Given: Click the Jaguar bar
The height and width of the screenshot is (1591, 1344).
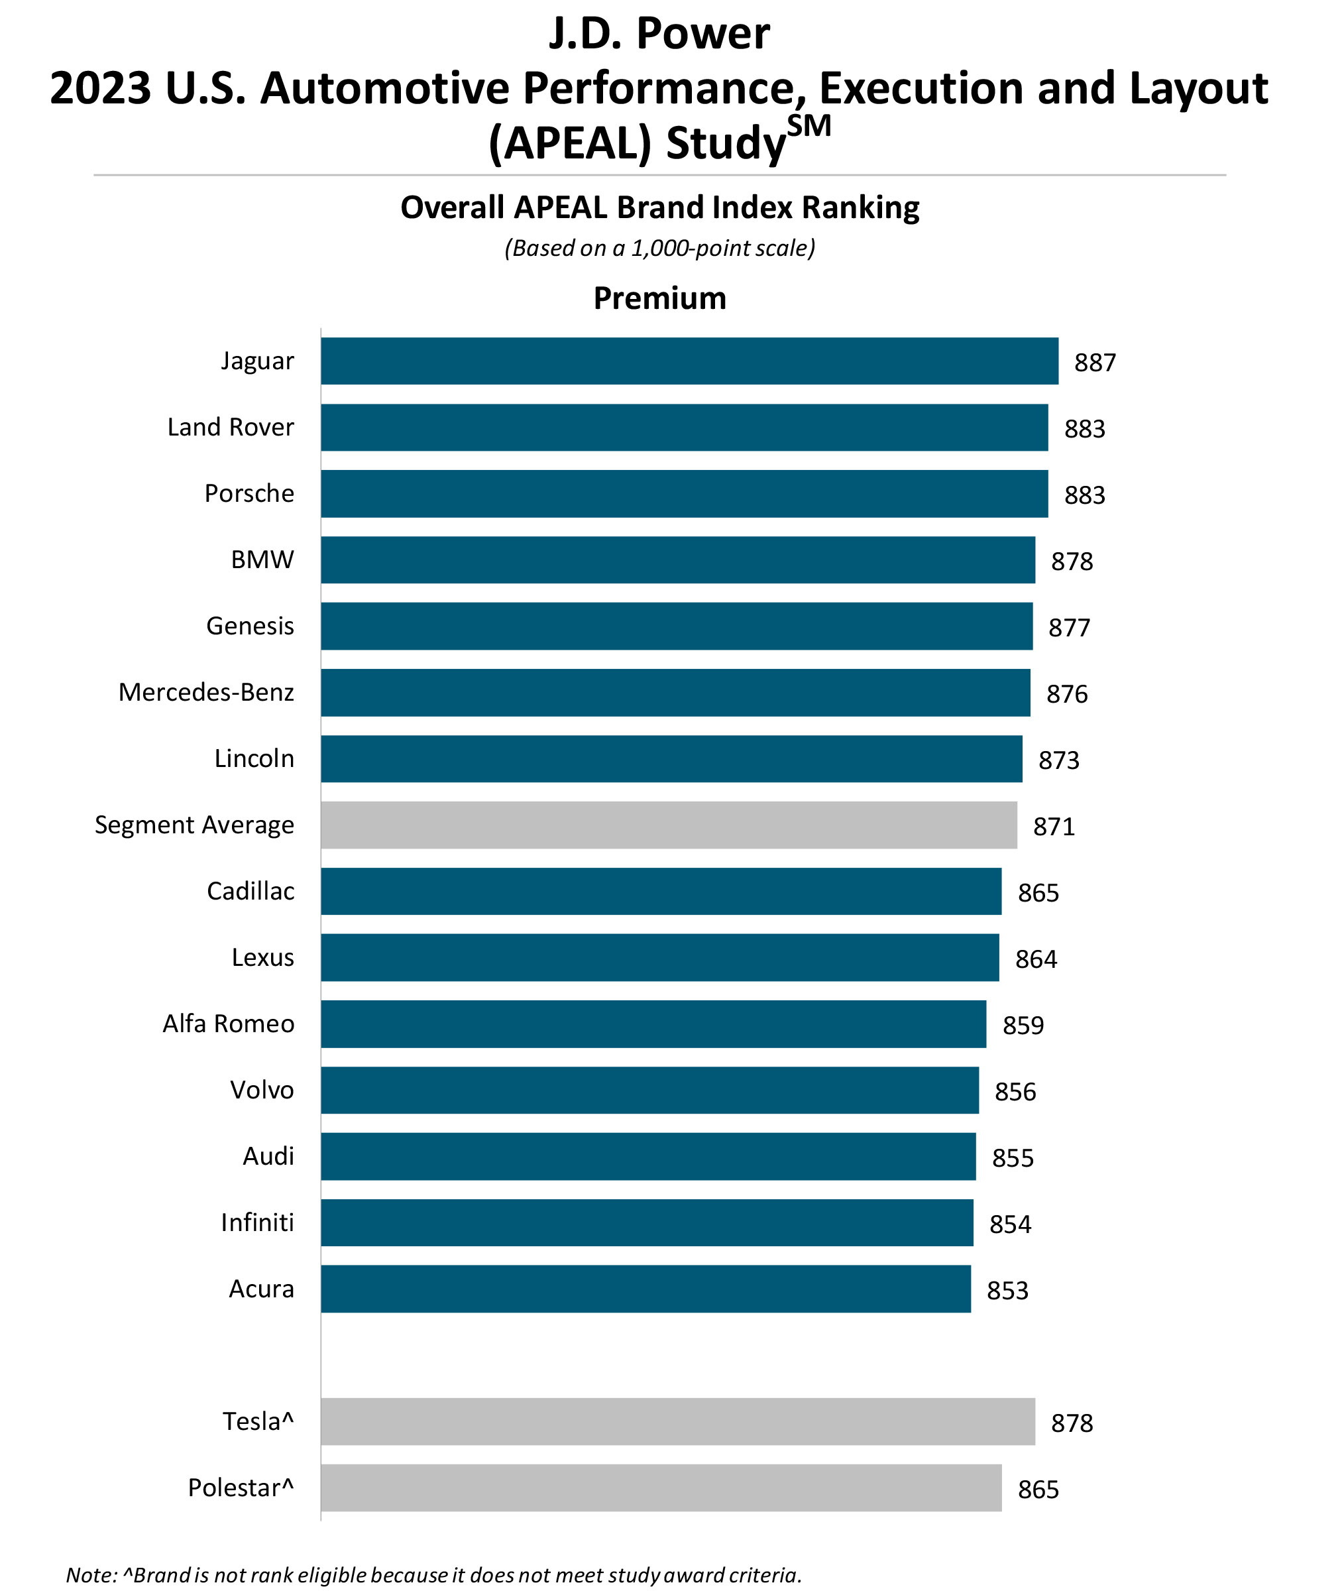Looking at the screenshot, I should (689, 361).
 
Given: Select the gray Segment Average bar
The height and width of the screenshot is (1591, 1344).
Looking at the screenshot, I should (668, 825).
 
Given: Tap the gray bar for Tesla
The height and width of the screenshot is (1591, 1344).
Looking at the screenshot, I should (677, 1421).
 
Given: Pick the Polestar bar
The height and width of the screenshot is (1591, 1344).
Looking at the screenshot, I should (661, 1488).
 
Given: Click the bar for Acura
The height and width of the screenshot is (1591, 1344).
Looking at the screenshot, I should (645, 1289).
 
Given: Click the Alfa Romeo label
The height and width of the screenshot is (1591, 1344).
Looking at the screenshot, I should (228, 1024).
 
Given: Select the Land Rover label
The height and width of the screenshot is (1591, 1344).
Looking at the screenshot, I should (230, 427).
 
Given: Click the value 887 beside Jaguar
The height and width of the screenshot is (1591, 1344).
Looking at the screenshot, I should (1094, 363).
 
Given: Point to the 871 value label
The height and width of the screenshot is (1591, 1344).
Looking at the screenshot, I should (1053, 827).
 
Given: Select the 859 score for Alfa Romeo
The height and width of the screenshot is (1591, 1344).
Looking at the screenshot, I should (1023, 1026).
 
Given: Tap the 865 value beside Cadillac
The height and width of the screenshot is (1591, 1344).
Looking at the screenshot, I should (1038, 893).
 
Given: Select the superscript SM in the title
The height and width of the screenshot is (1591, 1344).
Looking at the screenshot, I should (809, 126).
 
